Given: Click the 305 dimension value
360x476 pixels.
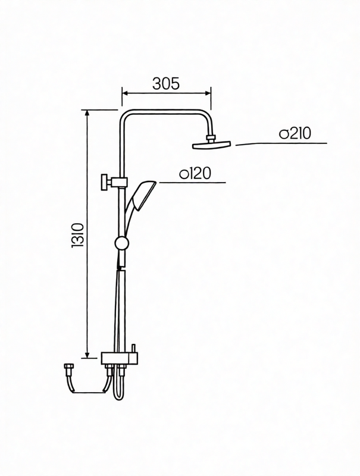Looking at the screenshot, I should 166,84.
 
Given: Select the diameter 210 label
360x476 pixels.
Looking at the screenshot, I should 295,134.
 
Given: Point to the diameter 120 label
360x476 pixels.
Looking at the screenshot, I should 196,174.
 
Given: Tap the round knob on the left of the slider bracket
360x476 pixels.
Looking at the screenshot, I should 104,181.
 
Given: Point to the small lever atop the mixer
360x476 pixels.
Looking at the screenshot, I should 133,347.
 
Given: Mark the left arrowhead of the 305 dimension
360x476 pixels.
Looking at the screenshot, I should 124,92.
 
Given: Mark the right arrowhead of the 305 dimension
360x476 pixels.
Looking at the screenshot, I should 209,92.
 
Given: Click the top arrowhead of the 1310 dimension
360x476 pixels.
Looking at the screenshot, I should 87,112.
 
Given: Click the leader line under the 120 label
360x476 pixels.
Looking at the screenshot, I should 190,182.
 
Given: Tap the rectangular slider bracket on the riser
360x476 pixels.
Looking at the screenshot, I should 121,181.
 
